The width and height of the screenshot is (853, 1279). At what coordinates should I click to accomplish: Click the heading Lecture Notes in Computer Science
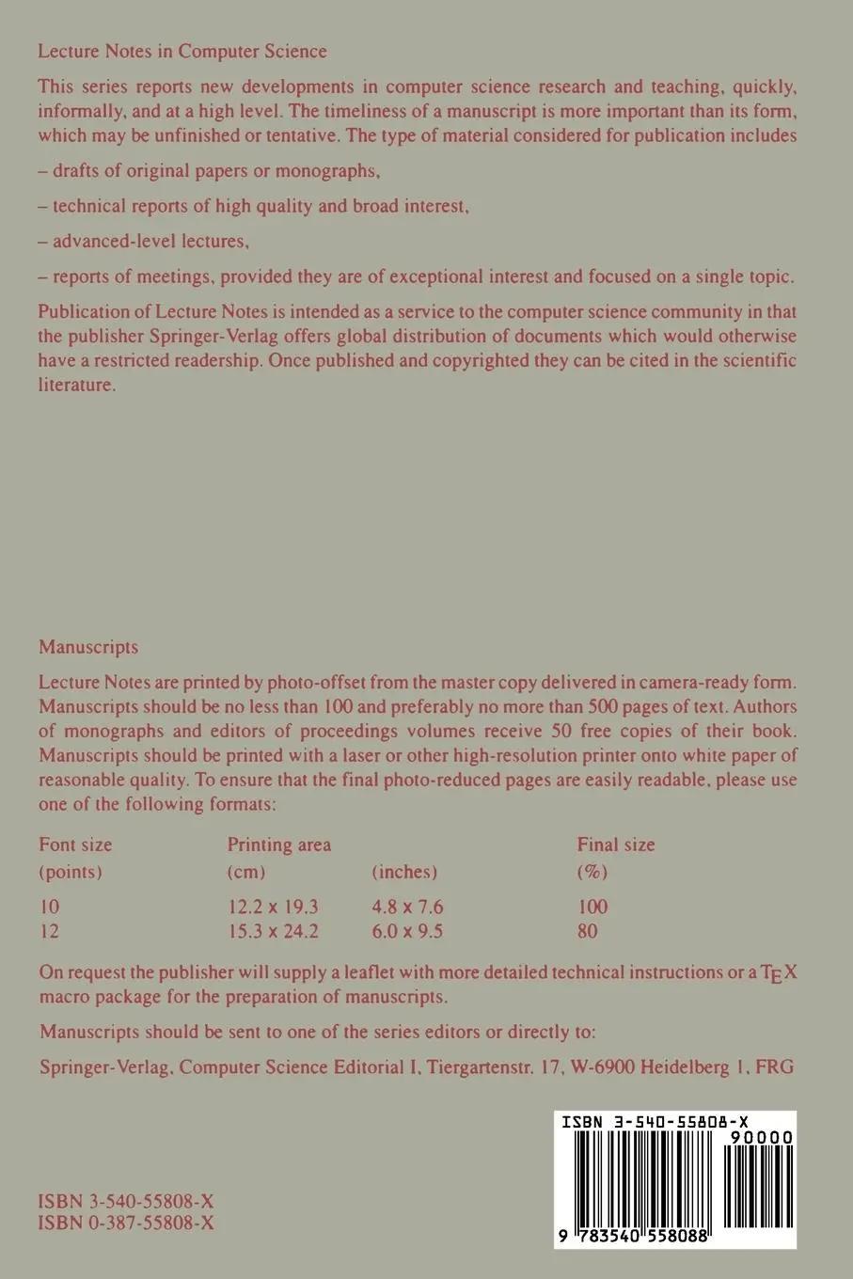pyautogui.click(x=182, y=52)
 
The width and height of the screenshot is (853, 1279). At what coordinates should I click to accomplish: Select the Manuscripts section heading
pyautogui.click(x=88, y=647)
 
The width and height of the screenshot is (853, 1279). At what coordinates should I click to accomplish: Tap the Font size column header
pyautogui.click(x=75, y=845)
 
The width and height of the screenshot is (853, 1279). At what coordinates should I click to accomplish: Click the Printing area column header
pyautogui.click(x=279, y=845)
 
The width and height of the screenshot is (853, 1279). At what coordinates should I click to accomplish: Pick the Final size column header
pyautogui.click(x=616, y=845)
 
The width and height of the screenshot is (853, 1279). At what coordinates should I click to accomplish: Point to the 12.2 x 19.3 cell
pyautogui.click(x=273, y=907)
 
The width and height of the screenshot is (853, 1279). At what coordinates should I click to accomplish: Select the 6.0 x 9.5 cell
pyautogui.click(x=407, y=932)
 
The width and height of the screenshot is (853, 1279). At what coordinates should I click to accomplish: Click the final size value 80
pyautogui.click(x=588, y=932)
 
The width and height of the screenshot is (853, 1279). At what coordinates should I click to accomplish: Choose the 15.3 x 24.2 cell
pyautogui.click(x=273, y=932)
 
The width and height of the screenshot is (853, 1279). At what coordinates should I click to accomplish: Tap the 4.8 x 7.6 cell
pyautogui.click(x=407, y=907)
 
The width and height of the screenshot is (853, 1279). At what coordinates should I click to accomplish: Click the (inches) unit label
pyautogui.click(x=404, y=872)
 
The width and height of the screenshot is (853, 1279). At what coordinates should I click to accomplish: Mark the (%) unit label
pyautogui.click(x=592, y=872)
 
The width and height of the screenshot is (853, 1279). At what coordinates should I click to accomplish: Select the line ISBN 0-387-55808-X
pyautogui.click(x=126, y=1224)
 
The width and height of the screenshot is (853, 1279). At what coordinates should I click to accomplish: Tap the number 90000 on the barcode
pyautogui.click(x=761, y=1138)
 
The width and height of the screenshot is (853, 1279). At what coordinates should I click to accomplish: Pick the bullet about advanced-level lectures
pyautogui.click(x=144, y=241)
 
